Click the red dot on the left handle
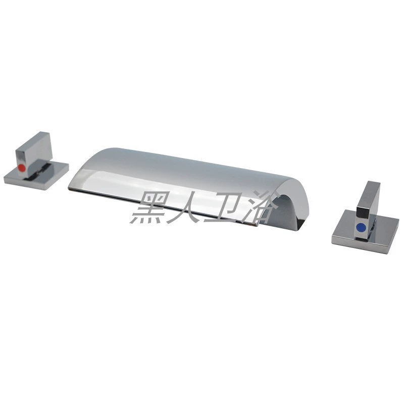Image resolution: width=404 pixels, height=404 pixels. (x=21, y=169)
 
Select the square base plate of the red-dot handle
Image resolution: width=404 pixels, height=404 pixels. (x=36, y=175)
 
